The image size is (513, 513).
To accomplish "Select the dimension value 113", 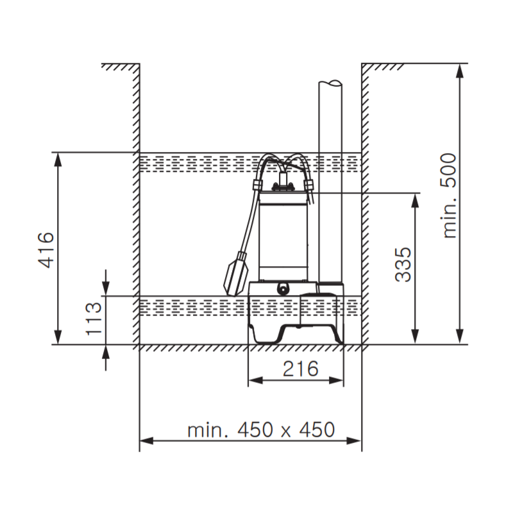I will (94, 319).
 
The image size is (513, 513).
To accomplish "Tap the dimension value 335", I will (403, 264).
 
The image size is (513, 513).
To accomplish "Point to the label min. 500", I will (451, 196).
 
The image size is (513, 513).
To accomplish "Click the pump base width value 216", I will (299, 369).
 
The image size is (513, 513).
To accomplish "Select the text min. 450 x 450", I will (261, 430).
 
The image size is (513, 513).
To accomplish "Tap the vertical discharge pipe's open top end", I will (331, 83).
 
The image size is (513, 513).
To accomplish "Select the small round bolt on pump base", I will (283, 289).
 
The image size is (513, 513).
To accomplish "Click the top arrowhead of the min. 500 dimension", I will (459, 71).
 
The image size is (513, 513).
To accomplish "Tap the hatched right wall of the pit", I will (365, 205).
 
